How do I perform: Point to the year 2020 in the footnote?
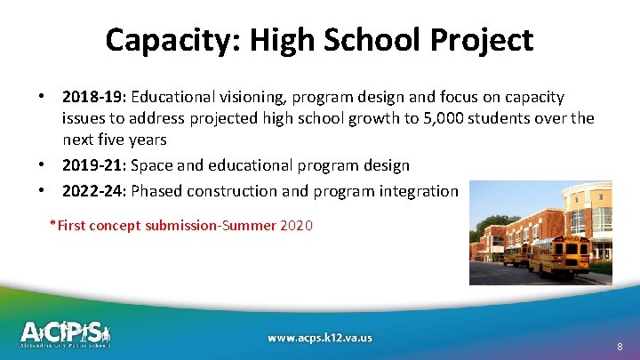click(296, 226)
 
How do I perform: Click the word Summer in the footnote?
click(251, 226)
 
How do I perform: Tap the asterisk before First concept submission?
click(53, 224)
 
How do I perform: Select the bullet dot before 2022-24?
click(41, 189)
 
